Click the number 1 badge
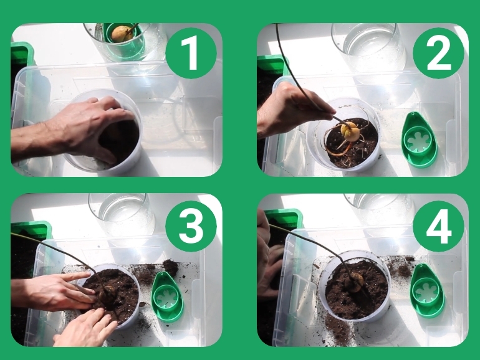tap(191, 53)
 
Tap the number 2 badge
tap(438, 53)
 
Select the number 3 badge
tap(191, 226)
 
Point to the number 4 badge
tap(438, 226)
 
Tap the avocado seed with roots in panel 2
tap(350, 132)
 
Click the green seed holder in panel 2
tap(420, 140)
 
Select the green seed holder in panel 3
tap(168, 296)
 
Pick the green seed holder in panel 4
tap(427, 290)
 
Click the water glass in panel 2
tap(369, 47)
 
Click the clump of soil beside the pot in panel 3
tap(170, 267)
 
